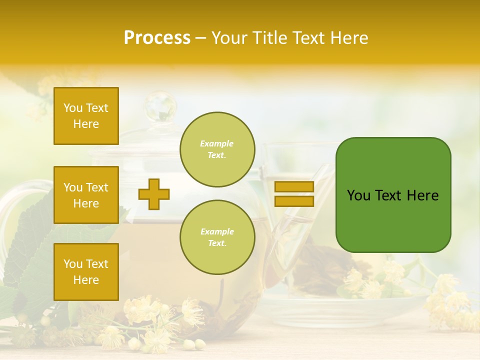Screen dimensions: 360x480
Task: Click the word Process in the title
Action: (x=157, y=38)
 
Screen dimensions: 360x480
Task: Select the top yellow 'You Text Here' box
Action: (x=86, y=116)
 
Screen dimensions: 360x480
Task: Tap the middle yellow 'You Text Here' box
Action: (x=86, y=195)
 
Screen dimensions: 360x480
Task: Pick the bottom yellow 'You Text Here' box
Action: (x=86, y=271)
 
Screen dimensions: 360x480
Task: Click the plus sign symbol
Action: (x=154, y=194)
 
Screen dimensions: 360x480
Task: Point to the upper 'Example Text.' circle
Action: (x=217, y=149)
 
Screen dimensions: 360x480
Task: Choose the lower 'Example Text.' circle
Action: (x=217, y=237)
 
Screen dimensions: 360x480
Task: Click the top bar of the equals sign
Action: (x=294, y=187)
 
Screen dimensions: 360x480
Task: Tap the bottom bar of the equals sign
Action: (x=294, y=201)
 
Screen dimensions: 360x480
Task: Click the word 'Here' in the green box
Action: (x=422, y=195)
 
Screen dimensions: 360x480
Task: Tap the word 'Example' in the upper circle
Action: (x=217, y=143)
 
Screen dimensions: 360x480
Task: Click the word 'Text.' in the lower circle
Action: (x=217, y=243)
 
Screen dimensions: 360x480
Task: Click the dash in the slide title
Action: (x=200, y=38)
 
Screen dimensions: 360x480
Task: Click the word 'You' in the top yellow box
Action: (x=72, y=108)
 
